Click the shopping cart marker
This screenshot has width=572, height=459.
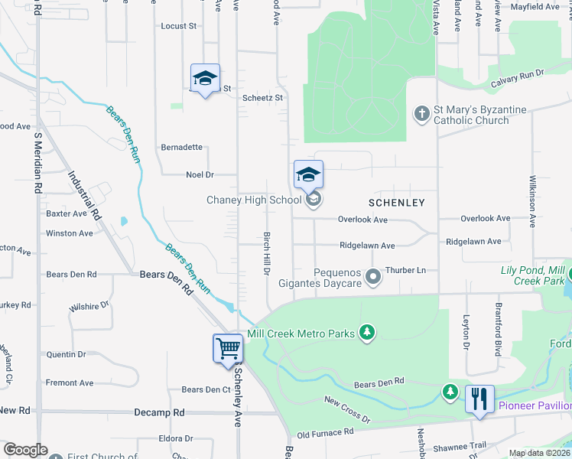(229, 350)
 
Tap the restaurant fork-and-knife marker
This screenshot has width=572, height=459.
(479, 399)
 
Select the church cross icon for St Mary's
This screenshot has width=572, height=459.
(421, 114)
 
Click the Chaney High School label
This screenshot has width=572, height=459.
(254, 200)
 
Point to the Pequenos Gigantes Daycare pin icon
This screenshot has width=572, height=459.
(373, 276)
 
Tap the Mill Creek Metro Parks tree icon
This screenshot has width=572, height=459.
(368, 332)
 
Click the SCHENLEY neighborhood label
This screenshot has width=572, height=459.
(396, 203)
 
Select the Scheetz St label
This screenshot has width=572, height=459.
(262, 98)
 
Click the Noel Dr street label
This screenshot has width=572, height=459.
(200, 174)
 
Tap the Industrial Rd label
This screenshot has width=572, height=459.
(84, 196)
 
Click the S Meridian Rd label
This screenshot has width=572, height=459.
(37, 165)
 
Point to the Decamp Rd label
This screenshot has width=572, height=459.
(159, 412)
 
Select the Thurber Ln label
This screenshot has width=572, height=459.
(405, 270)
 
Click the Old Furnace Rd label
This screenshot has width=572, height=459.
(326, 433)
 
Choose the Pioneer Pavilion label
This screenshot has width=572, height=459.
(535, 405)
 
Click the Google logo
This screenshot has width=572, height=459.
(24, 450)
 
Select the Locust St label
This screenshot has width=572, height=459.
(179, 26)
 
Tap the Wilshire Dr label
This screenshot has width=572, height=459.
(89, 306)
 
